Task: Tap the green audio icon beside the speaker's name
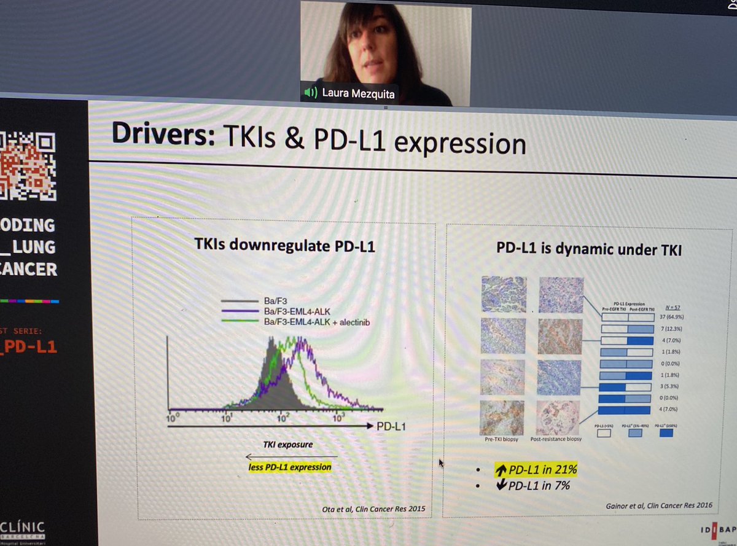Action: click(x=311, y=93)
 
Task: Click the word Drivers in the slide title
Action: click(x=162, y=136)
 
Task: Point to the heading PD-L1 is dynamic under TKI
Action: click(x=589, y=251)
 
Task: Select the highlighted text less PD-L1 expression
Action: click(x=286, y=467)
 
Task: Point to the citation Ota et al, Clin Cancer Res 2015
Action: click(x=373, y=509)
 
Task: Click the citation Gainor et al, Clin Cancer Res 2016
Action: click(x=659, y=505)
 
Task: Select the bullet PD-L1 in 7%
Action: click(x=532, y=485)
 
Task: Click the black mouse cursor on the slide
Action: click(x=440, y=464)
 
